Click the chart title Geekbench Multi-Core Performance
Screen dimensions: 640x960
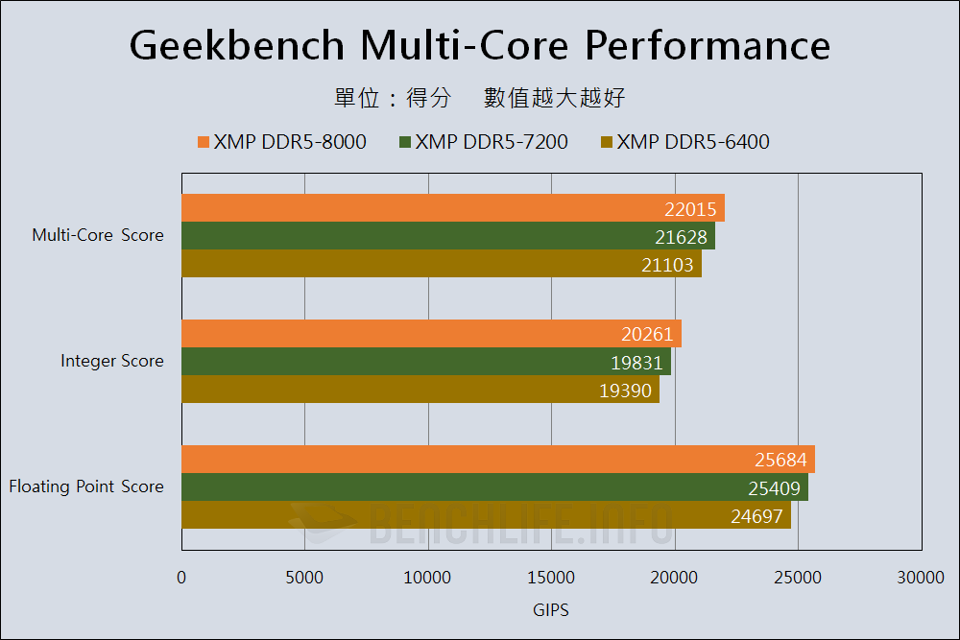pos(480,45)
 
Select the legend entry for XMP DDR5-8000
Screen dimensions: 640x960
pos(282,142)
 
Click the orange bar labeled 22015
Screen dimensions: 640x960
pos(452,208)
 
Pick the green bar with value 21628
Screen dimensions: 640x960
pos(447,236)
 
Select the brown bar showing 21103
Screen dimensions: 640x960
pos(441,264)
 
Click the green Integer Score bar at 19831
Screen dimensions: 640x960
pos(425,362)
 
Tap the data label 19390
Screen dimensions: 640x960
pos(625,391)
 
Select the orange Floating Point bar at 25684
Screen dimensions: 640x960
pos(497,460)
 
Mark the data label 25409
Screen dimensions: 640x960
pos(774,487)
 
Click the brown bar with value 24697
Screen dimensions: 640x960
pos(486,515)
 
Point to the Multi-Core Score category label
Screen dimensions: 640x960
pos(98,235)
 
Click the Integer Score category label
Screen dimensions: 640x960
pos(112,361)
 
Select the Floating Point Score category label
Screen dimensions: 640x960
pos(86,486)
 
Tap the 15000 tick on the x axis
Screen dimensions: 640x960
pos(551,577)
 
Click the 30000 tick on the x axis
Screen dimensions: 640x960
pos(921,577)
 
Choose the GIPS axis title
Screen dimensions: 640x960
pos(551,609)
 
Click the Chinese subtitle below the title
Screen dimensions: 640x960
pos(480,98)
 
